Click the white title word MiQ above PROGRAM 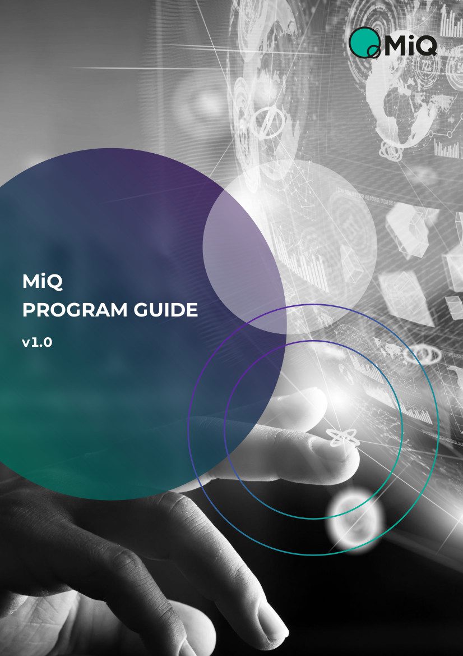43,282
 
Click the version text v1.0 37,343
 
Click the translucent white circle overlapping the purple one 290,246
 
